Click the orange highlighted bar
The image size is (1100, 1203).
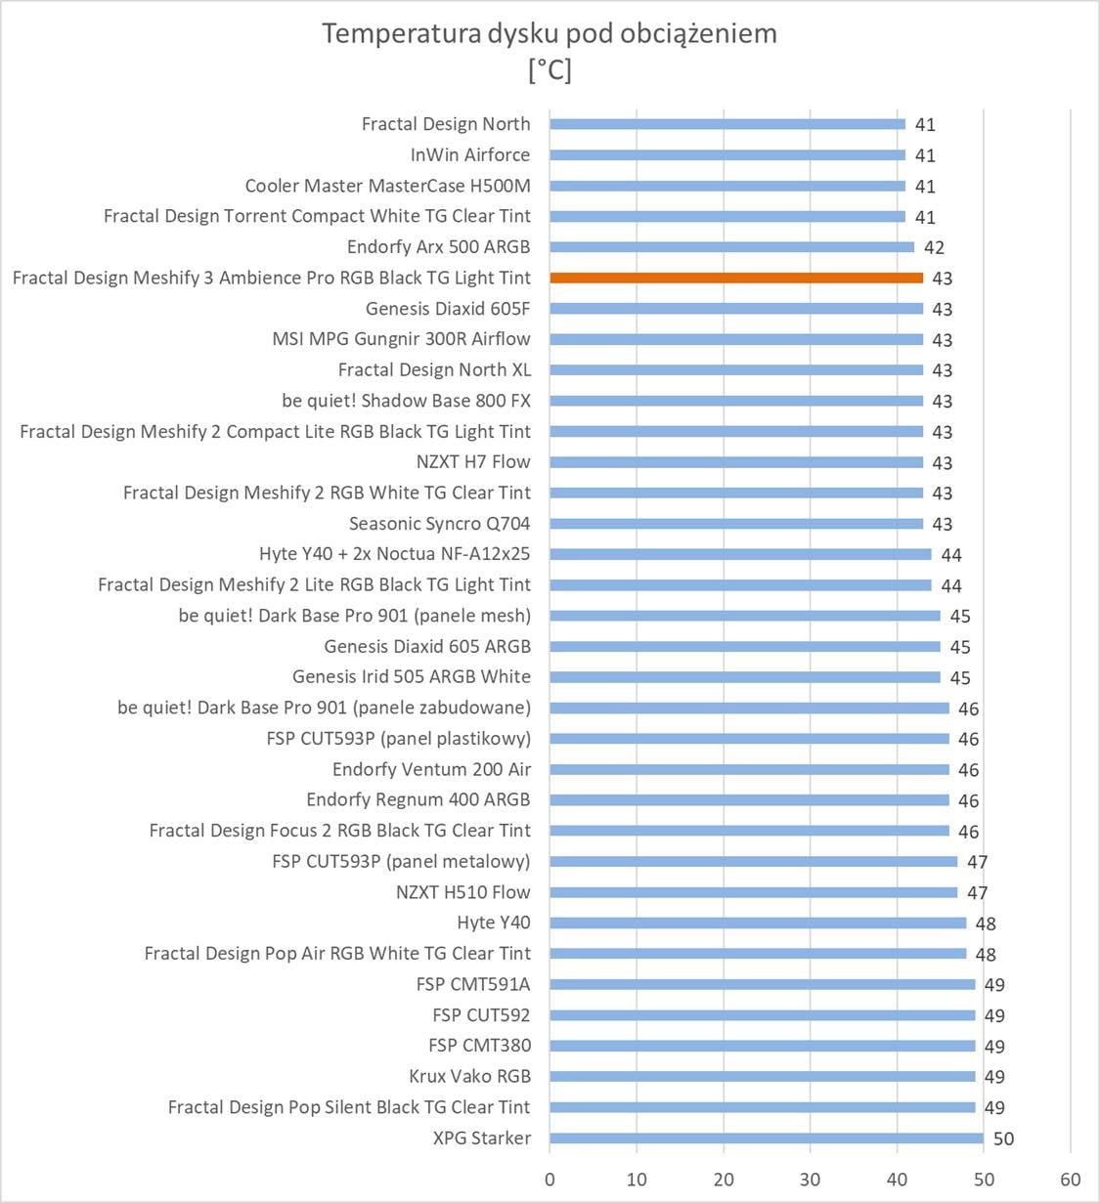pyautogui.click(x=736, y=279)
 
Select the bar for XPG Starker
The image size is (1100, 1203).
pyautogui.click(x=767, y=1138)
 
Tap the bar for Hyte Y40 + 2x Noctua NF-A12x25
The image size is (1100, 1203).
pyautogui.click(x=740, y=554)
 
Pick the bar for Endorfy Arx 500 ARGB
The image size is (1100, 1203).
pyautogui.click(x=731, y=247)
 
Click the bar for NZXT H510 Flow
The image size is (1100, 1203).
pyautogui.click(x=753, y=892)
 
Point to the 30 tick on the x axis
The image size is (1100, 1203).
pyautogui.click(x=810, y=1180)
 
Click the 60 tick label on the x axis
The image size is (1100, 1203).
pyautogui.click(x=1070, y=1180)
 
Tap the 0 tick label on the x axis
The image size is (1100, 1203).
pyautogui.click(x=550, y=1180)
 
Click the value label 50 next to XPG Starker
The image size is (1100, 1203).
pyautogui.click(x=1003, y=1139)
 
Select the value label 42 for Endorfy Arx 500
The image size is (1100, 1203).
pyautogui.click(x=934, y=247)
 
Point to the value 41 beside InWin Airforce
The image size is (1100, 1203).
pyautogui.click(x=925, y=155)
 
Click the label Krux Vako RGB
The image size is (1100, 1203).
pyautogui.click(x=469, y=1076)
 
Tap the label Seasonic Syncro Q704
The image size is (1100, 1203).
pyautogui.click(x=439, y=524)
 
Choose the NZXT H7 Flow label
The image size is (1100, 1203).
pyautogui.click(x=473, y=462)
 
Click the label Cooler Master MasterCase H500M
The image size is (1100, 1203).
pyautogui.click(x=387, y=186)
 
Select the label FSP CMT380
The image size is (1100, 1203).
pyautogui.click(x=479, y=1046)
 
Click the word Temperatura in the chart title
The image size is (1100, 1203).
pyautogui.click(x=400, y=33)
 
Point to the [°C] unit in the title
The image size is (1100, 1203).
pyautogui.click(x=550, y=70)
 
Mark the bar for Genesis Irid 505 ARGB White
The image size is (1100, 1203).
pyautogui.click(x=744, y=677)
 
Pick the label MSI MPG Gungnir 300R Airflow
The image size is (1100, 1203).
pyautogui.click(x=401, y=339)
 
